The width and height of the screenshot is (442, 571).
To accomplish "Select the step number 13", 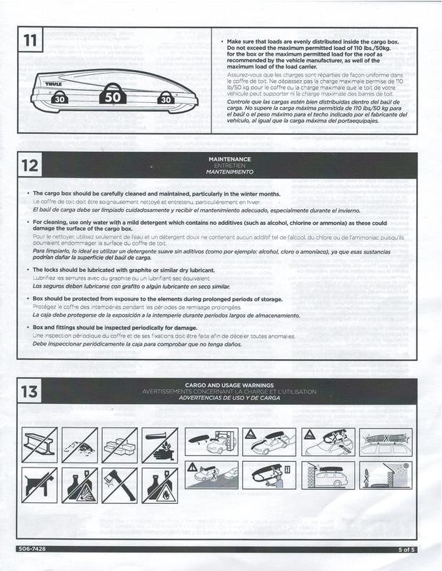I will click(31, 391).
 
